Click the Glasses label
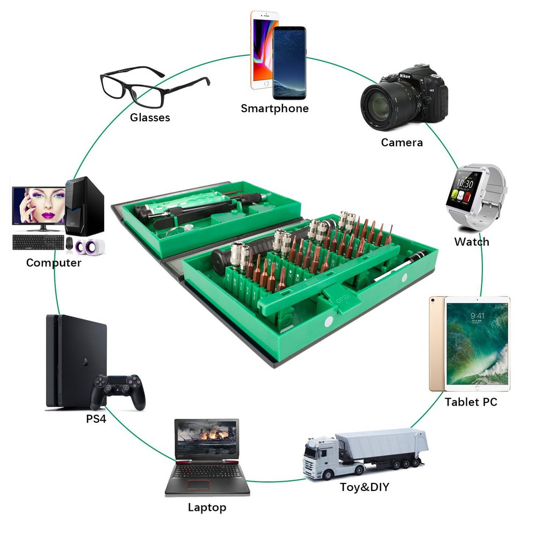coord(150,118)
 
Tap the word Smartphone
coord(274,108)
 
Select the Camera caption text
coord(402,142)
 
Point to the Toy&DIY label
coord(364,487)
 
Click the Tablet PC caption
coord(471,402)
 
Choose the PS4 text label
coord(96,418)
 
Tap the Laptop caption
coord(207,507)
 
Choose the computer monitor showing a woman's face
coord(39,206)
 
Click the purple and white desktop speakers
coord(86,247)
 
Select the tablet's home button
coord(476,387)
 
